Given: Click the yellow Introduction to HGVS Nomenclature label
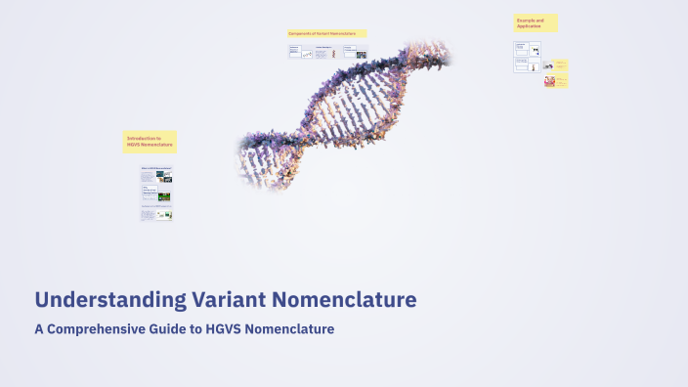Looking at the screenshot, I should pyautogui.click(x=150, y=142).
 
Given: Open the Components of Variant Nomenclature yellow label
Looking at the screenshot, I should pyautogui.click(x=326, y=33).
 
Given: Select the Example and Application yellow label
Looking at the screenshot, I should pyautogui.click(x=536, y=22).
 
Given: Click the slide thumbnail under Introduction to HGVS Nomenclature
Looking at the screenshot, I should pyautogui.click(x=156, y=193).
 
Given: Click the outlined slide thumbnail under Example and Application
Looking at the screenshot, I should pyautogui.click(x=527, y=56).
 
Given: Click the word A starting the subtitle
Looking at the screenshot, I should pyautogui.click(x=38, y=329).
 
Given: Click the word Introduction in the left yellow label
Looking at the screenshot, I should pyautogui.click(x=143, y=139).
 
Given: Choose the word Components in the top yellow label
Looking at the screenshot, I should pyautogui.click(x=301, y=33).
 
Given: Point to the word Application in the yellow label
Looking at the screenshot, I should pyautogui.click(x=529, y=25).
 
